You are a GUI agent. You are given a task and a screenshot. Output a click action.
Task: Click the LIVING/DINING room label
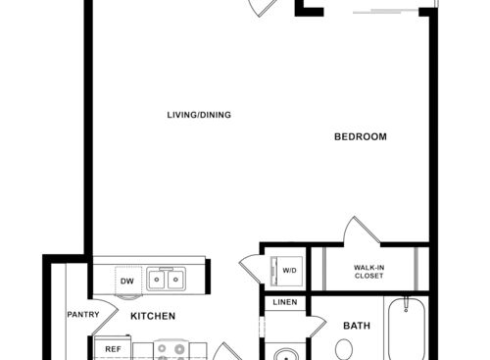click(x=198, y=116)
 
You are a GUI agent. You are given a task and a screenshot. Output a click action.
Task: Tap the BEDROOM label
click(x=360, y=136)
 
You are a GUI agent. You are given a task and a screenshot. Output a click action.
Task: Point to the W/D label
click(x=290, y=270)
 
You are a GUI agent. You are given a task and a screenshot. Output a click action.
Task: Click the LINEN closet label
click(x=285, y=302)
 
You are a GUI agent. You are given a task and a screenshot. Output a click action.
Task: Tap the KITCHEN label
click(x=154, y=316)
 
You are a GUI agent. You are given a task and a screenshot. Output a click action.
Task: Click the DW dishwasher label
click(x=127, y=283)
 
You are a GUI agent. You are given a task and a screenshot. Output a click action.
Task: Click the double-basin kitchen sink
click(x=169, y=282)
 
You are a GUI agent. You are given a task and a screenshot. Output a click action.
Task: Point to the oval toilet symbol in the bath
click(x=345, y=349)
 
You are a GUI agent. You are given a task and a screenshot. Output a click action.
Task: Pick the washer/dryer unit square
click(x=289, y=270)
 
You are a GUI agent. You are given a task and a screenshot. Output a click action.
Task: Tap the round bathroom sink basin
click(x=285, y=353)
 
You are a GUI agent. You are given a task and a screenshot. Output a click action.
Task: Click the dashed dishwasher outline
click(x=127, y=280)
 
